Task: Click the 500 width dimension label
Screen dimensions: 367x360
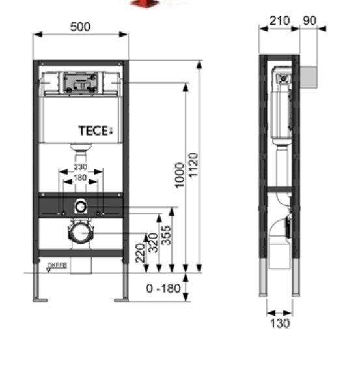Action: coord(81,27)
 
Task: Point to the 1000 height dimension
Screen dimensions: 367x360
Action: coord(180,174)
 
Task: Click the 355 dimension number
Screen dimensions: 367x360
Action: coord(167,235)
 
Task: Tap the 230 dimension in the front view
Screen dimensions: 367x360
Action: coord(81,167)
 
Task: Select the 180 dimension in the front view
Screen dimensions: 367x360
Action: coord(81,177)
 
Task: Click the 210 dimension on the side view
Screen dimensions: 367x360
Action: coord(279,21)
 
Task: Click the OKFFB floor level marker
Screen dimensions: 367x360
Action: coord(56,266)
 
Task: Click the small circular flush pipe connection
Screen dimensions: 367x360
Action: coord(80,207)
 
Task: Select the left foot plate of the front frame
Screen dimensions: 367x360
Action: coord(40,300)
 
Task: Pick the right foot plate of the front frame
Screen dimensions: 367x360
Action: coord(121,300)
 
